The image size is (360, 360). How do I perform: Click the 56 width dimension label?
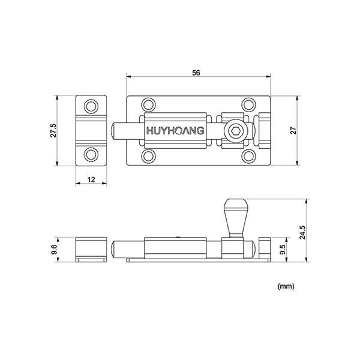(x=196, y=73)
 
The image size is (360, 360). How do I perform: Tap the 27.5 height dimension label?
(x=53, y=130)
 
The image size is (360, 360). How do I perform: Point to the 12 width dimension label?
(x=91, y=179)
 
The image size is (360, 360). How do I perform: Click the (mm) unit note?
(x=286, y=287)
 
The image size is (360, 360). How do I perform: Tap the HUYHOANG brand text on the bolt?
(x=175, y=130)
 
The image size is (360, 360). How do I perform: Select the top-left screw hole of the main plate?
(x=148, y=105)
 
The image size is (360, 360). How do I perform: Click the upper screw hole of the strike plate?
(x=91, y=107)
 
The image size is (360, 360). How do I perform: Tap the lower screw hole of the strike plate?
(x=91, y=154)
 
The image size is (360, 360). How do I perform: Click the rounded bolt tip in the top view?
(x=117, y=130)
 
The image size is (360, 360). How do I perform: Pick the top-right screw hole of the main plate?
(x=248, y=105)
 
